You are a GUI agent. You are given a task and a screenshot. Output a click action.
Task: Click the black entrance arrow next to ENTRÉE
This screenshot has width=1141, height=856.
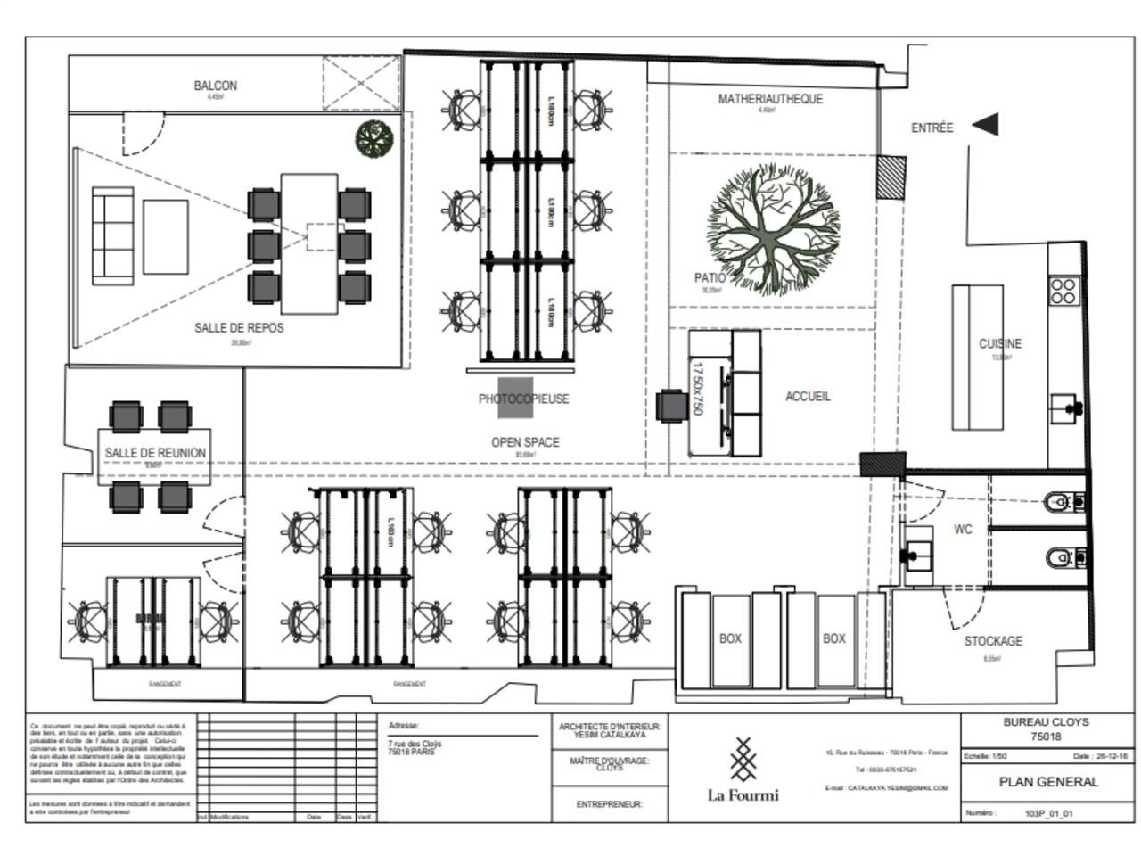tap(985, 126)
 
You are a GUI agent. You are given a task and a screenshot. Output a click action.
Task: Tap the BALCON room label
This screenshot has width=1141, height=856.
tap(216, 86)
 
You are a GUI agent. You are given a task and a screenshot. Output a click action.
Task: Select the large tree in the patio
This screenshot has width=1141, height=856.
tap(774, 228)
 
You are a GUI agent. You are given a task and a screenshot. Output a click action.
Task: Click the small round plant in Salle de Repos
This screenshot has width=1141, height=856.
tap(374, 138)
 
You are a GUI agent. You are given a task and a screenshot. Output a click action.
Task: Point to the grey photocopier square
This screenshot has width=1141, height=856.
tap(515, 398)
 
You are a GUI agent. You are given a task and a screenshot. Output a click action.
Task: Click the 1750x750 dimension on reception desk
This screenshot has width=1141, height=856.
tap(698, 389)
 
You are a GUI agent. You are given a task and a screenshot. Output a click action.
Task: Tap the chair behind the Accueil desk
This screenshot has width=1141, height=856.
tap(669, 406)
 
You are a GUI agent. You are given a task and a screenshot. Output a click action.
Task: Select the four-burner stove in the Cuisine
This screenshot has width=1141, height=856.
tap(1063, 292)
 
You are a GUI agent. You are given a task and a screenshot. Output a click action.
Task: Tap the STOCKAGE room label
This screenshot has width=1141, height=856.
tap(993, 641)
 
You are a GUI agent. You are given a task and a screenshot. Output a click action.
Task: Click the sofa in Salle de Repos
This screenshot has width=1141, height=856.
tap(112, 235)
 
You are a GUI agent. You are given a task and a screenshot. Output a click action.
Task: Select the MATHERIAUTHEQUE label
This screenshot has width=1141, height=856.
tap(770, 99)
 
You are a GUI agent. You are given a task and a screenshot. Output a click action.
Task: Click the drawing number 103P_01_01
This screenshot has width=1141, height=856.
tap(1048, 813)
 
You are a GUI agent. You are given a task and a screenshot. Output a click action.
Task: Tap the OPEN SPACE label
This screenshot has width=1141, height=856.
tap(525, 442)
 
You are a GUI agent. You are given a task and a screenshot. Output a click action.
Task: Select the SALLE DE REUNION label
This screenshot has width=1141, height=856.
tap(155, 453)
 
